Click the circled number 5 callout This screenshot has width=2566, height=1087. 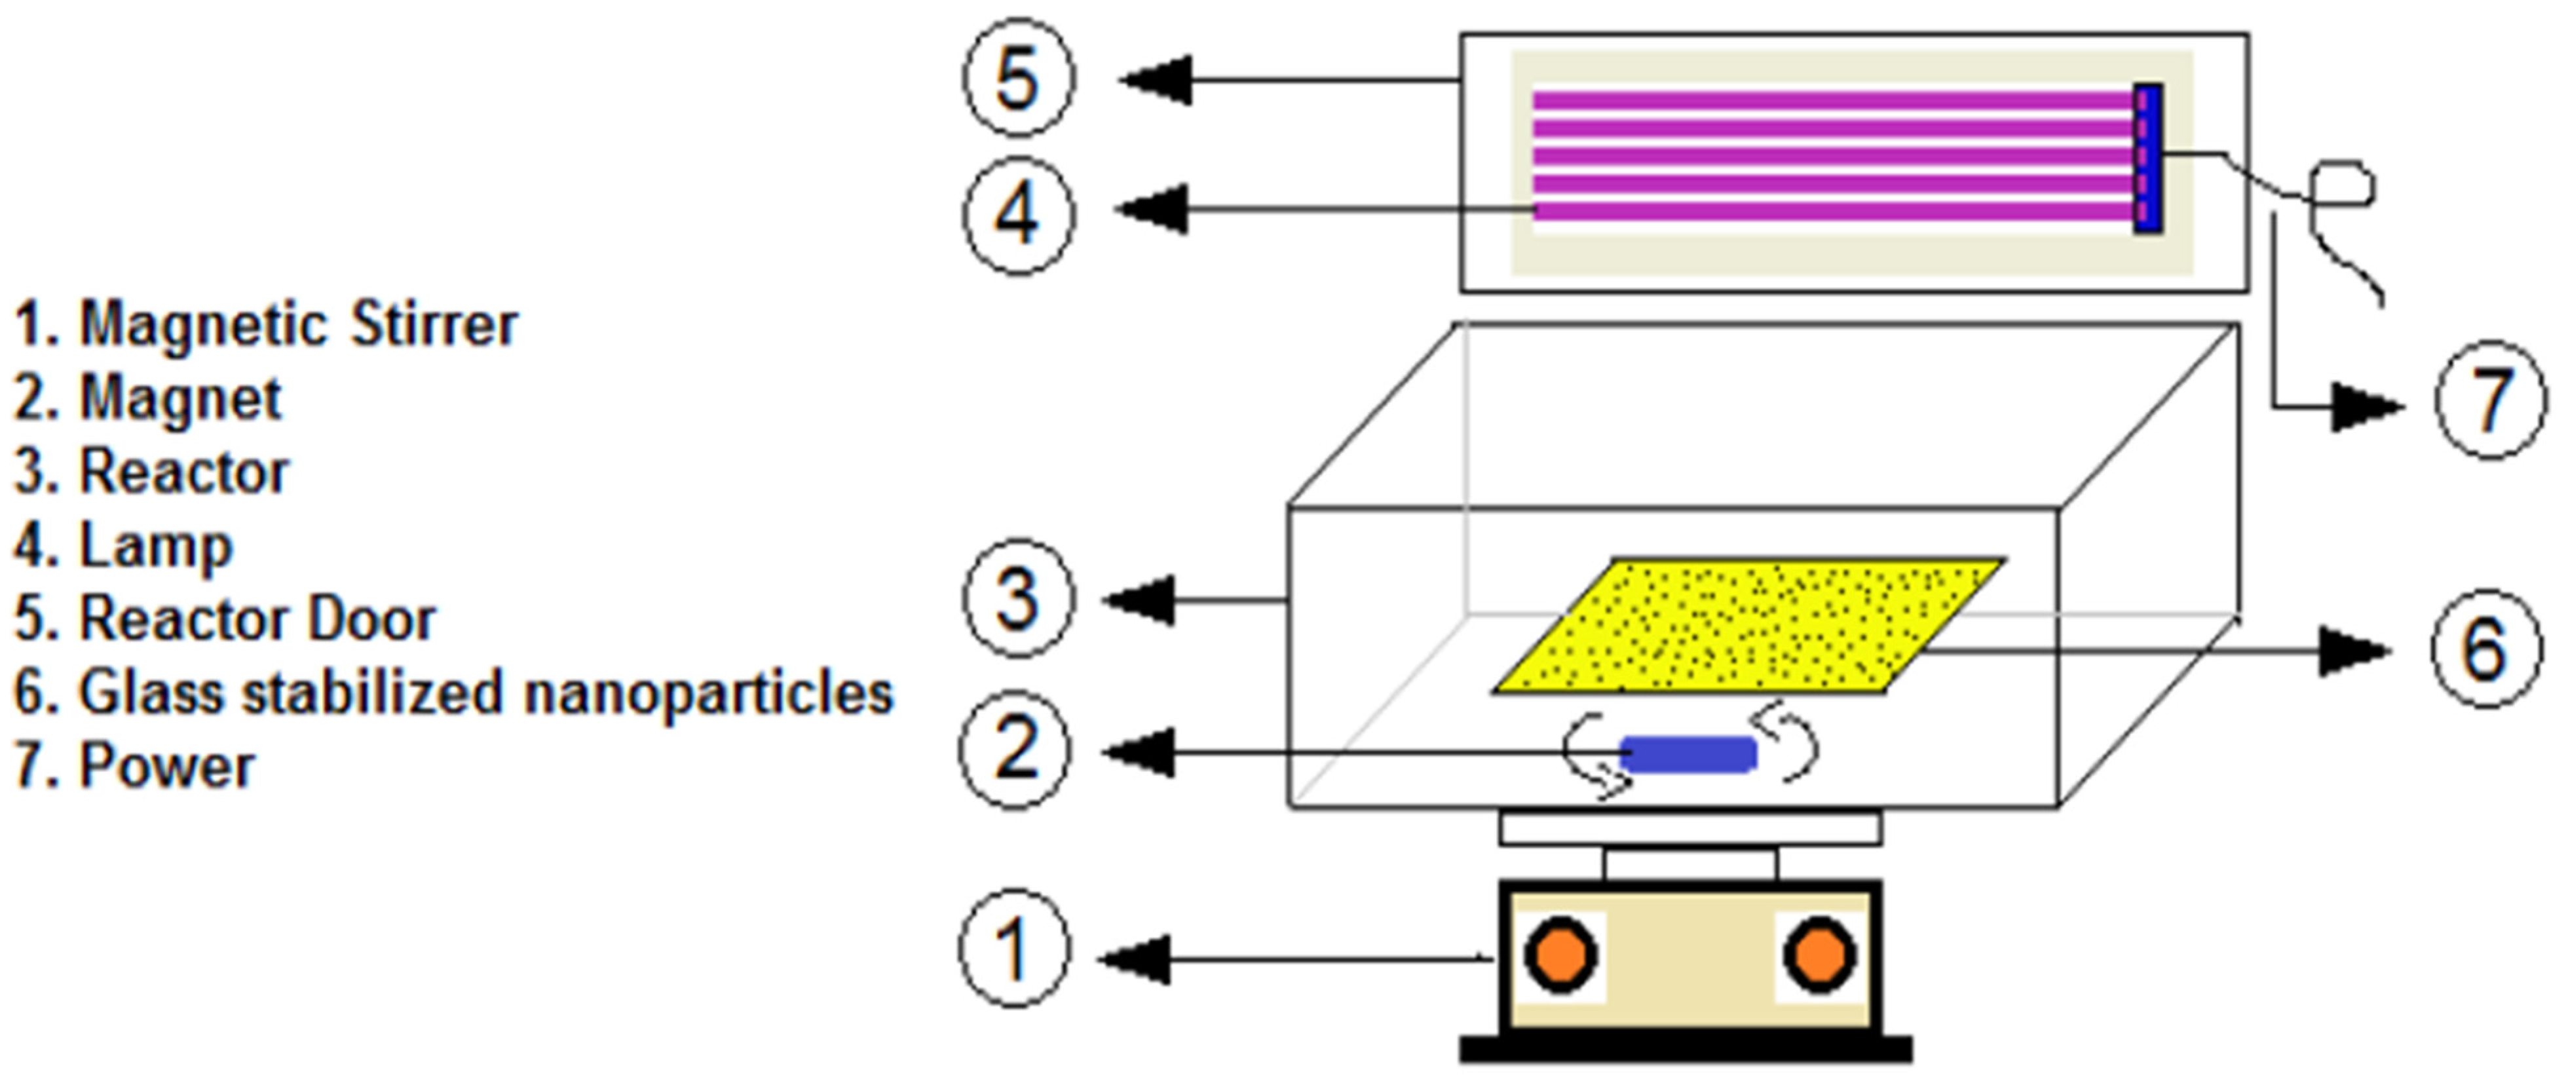(x=1018, y=78)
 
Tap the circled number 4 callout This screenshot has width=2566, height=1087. (x=1018, y=214)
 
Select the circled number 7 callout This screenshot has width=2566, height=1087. (x=2490, y=400)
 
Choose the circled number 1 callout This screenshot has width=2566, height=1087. (x=1014, y=949)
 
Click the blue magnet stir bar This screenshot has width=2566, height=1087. (x=1688, y=754)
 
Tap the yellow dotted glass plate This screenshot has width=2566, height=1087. (x=1748, y=624)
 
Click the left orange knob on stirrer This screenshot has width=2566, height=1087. (x=1560, y=955)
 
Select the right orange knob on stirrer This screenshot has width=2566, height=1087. (x=1819, y=955)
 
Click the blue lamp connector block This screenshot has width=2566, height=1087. (x=2147, y=159)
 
